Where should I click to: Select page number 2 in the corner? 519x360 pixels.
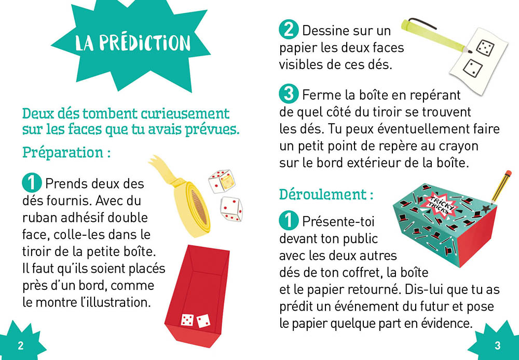click(21, 346)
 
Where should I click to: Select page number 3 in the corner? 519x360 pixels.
click(497, 345)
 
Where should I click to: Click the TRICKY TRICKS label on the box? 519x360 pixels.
click(440, 202)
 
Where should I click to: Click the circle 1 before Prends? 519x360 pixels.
click(31, 183)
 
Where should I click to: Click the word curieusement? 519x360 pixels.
click(182, 114)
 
